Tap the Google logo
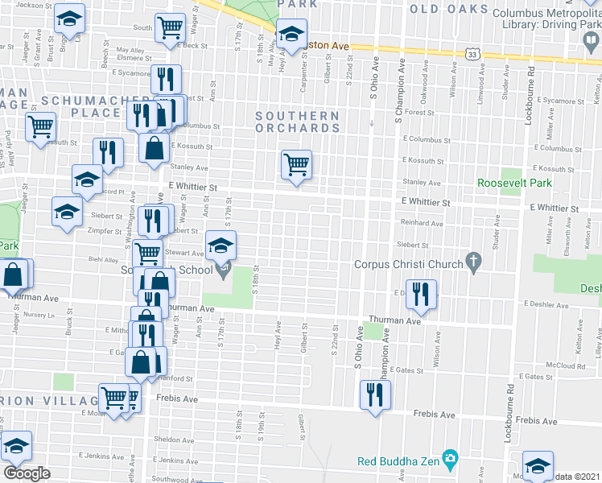[x=27, y=473]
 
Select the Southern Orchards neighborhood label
[x=297, y=122]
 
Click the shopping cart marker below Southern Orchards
[x=296, y=164]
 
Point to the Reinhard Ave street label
[x=423, y=223]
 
